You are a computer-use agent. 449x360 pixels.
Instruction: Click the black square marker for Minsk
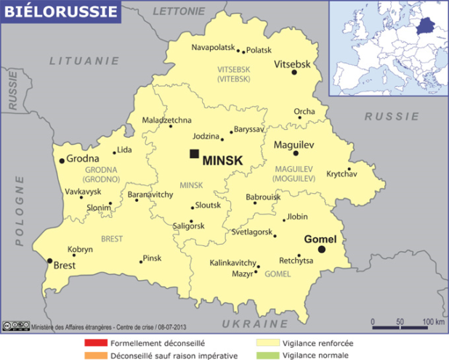click(x=194, y=154)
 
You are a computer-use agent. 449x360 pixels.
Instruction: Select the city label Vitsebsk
click(x=293, y=65)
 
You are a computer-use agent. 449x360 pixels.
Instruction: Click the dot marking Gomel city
click(x=322, y=250)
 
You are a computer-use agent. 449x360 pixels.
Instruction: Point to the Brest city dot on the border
click(x=49, y=261)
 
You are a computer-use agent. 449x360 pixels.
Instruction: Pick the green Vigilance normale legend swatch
click(x=268, y=356)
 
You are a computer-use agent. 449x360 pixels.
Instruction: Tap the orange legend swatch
click(x=95, y=356)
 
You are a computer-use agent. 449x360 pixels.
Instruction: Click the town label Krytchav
click(x=341, y=174)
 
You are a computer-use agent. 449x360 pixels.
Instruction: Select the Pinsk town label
click(x=152, y=258)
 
